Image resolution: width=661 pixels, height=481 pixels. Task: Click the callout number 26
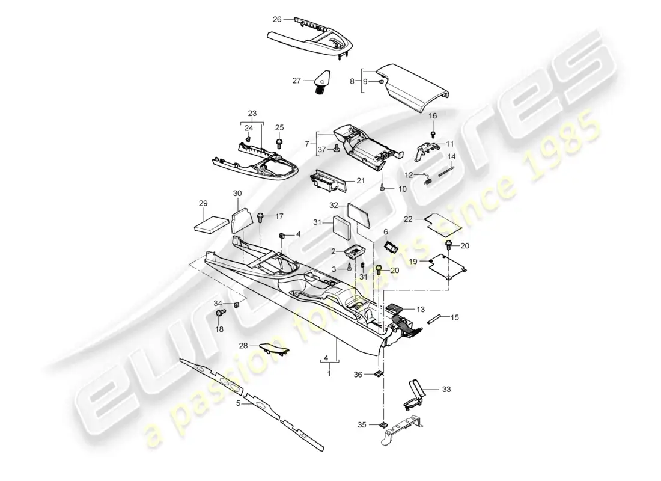coord(277,19)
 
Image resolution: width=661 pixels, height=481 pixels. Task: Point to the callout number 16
coord(433,115)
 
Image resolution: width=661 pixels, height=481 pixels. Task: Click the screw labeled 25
coord(279,143)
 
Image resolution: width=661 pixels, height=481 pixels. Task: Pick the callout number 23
coord(252,112)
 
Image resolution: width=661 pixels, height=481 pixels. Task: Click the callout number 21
coord(361,181)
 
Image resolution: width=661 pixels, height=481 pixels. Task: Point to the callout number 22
coord(408,219)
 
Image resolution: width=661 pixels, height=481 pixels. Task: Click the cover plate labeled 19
coord(448,269)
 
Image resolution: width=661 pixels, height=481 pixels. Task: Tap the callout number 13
coord(421,309)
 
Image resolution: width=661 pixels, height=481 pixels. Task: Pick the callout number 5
coord(239,404)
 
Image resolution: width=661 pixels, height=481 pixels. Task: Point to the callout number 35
coord(361,424)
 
